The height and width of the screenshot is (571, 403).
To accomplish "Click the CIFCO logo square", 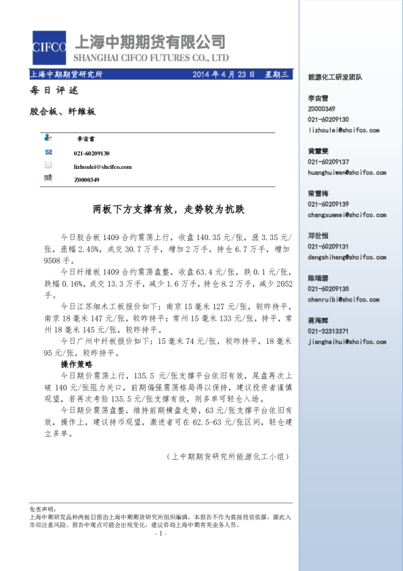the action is (x=49, y=47).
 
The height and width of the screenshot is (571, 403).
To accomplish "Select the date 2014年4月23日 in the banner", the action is (x=224, y=75).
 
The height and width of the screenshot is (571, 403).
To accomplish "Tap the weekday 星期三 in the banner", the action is (x=276, y=75).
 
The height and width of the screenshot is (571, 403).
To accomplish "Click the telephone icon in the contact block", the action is (x=48, y=153).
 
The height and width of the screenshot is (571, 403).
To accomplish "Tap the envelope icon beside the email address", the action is (x=48, y=165).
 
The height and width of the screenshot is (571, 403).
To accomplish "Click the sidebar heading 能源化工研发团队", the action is (x=335, y=77).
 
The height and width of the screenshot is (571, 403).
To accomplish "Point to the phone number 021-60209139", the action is (x=328, y=204).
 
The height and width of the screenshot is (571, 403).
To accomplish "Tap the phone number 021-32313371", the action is (x=328, y=331).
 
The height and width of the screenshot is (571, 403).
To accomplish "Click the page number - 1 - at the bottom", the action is (x=160, y=534).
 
